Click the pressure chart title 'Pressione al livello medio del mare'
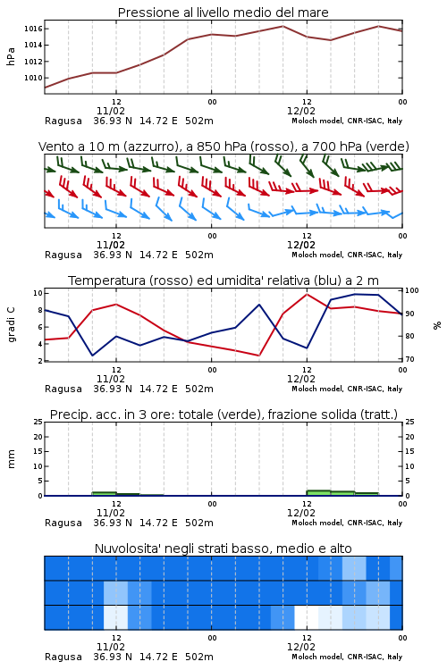click(x=223, y=13)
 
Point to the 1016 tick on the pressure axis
click(x=33, y=29)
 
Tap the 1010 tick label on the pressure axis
click(x=33, y=78)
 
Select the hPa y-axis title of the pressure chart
click(x=11, y=56)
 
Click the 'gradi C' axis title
click(x=11, y=324)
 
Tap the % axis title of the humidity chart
click(x=437, y=325)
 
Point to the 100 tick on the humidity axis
click(x=412, y=290)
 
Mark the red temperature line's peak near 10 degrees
click(x=307, y=294)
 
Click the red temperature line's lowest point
click(x=258, y=356)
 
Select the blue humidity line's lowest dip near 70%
click(x=92, y=356)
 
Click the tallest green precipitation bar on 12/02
click(x=318, y=492)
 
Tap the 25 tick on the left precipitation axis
click(x=38, y=422)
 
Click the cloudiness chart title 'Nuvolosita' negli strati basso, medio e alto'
click(x=223, y=549)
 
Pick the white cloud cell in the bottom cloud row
click(x=307, y=617)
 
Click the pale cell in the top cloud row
click(x=354, y=568)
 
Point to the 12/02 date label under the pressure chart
click(x=301, y=111)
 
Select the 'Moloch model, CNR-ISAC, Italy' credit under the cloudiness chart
click(x=347, y=657)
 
